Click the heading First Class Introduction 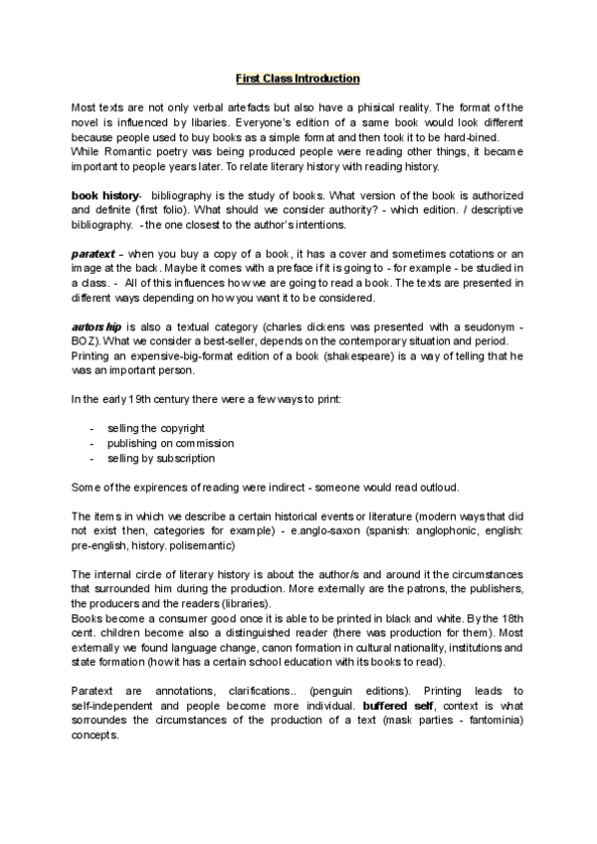[298, 78]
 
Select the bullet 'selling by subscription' [161, 459]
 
